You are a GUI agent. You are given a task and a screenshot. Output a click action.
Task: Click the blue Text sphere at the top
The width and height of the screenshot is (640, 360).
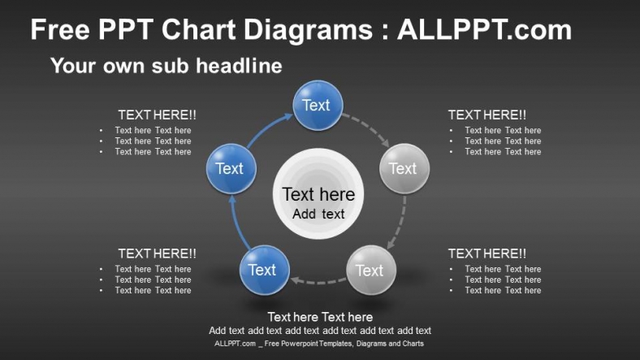pos(317,106)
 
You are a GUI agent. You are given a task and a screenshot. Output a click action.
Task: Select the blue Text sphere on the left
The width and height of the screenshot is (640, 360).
pos(231,168)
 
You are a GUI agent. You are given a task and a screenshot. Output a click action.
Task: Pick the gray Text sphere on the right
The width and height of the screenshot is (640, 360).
pos(404,168)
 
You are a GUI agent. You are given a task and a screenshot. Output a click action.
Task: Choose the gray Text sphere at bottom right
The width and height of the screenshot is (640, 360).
pos(370,270)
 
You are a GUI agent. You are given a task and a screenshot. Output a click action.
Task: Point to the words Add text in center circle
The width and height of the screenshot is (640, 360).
pos(318,215)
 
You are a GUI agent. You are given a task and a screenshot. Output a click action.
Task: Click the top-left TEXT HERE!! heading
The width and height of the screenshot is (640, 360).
pos(157,115)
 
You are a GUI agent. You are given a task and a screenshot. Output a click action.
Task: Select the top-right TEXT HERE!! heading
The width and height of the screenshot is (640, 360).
pos(486,115)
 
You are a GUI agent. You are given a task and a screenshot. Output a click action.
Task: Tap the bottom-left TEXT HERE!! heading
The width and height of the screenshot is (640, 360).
pos(157,254)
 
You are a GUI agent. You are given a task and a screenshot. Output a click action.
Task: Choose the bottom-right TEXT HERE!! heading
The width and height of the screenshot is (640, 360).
pos(486,254)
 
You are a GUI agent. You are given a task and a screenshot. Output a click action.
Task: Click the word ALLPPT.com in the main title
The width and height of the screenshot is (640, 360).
pos(484,30)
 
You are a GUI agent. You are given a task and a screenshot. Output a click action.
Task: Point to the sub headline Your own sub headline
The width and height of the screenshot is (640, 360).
pos(166,66)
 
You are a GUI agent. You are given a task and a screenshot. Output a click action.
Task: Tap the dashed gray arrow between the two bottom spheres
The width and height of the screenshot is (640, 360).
pos(318,282)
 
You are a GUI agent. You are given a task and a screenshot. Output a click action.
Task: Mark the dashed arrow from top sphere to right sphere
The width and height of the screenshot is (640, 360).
pos(366,129)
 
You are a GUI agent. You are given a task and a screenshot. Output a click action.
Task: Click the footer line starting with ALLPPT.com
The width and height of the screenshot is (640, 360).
pos(319,344)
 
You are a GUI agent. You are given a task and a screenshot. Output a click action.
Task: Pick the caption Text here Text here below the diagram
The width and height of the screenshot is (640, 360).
pos(320,317)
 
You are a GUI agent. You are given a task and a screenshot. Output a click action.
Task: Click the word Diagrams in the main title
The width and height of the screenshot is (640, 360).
pos(306,30)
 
